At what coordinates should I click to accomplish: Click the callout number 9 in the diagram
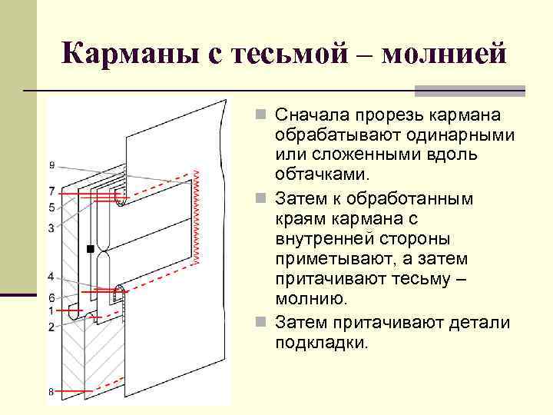[x=51, y=164]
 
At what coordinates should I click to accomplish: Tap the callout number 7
[x=51, y=191]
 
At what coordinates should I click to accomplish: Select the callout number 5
[x=51, y=207]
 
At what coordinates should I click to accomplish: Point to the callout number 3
[x=51, y=228]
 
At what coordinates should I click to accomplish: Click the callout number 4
[x=51, y=276]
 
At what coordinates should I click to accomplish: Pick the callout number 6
[x=51, y=297]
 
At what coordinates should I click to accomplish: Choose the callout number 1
[x=51, y=310]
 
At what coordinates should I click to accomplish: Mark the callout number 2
[x=51, y=327]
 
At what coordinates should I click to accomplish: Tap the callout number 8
[x=51, y=393]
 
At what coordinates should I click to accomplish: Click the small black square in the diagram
[x=91, y=249]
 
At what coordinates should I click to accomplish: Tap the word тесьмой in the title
[x=286, y=54]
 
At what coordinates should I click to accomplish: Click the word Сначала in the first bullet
[x=314, y=115]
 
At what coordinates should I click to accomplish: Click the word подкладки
[x=322, y=342]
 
